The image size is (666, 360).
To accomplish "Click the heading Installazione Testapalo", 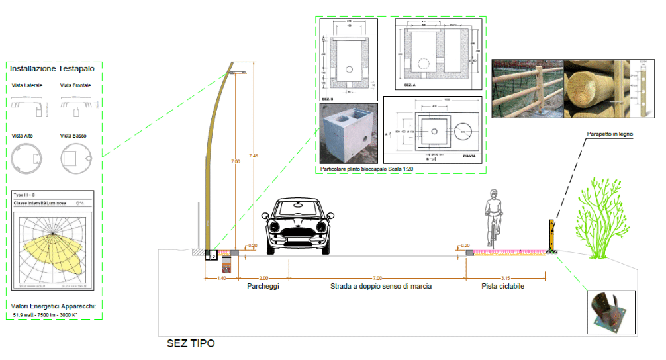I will click(x=52, y=68).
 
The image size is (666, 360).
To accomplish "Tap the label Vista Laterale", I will click(x=27, y=86).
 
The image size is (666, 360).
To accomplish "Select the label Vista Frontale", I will click(x=75, y=86).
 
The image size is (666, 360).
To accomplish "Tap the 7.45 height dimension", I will click(x=254, y=156).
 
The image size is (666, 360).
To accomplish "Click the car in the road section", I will click(x=297, y=226).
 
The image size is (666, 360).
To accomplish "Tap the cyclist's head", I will click(x=493, y=194).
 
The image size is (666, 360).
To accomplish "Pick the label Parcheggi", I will click(x=263, y=287).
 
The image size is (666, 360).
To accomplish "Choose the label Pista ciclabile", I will click(x=503, y=287).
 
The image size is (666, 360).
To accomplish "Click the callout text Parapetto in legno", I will click(x=610, y=134).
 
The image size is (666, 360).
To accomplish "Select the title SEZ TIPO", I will click(x=191, y=344).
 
